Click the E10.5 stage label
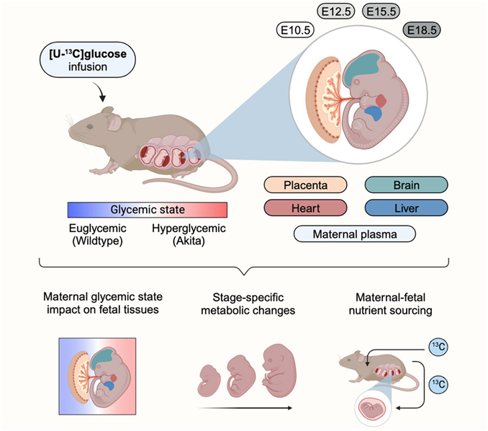tap(295, 30)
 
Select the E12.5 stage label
tap(336, 12)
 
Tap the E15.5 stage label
tap(381, 12)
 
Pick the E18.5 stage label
tap(422, 30)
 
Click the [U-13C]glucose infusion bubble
tap(88, 60)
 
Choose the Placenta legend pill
tap(305, 185)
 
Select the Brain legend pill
tap(406, 185)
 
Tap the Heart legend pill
tap(305, 208)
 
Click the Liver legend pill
tap(406, 208)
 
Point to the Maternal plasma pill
tap(355, 234)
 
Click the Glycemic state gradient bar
tap(148, 210)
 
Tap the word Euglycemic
tap(97, 228)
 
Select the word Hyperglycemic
tap(189, 228)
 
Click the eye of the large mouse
tap(90, 127)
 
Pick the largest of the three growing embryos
tap(279, 370)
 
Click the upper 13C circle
tap(438, 347)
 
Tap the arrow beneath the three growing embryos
tap(245, 408)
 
